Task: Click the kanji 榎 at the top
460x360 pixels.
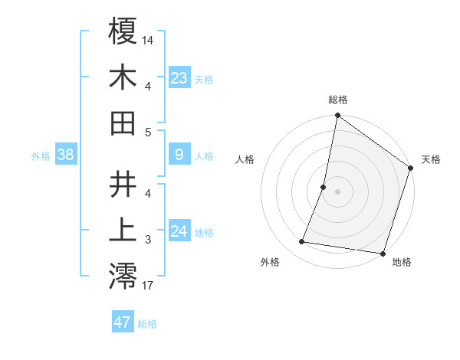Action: click(123, 33)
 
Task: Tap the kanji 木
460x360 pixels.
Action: click(123, 77)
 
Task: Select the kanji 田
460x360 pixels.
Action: click(123, 123)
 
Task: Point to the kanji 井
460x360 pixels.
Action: click(123, 185)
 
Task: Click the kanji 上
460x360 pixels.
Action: click(123, 230)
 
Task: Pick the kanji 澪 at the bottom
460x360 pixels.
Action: click(123, 276)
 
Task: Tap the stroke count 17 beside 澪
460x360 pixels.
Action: click(148, 286)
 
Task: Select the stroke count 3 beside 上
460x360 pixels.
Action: click(148, 241)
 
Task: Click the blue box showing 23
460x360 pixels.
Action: click(179, 78)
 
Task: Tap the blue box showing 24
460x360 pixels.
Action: click(179, 231)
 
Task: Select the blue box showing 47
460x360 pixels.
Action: click(123, 322)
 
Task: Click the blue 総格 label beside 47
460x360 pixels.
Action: click(147, 324)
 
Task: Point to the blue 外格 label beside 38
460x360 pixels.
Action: click(41, 156)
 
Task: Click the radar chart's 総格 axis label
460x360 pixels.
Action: click(338, 100)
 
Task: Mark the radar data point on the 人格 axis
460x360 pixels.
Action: click(324, 187)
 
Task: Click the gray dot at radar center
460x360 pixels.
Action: click(338, 191)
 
